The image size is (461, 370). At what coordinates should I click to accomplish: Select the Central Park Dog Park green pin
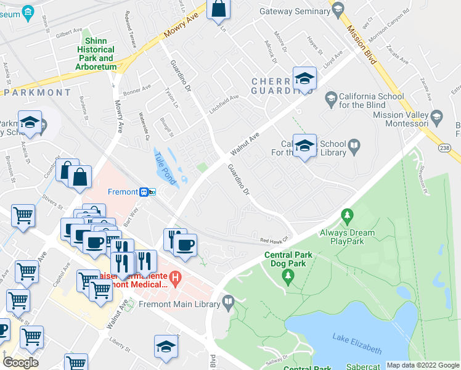click(287, 278)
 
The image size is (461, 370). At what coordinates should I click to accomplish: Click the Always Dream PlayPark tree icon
click(348, 216)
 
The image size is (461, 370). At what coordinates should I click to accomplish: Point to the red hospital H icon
click(176, 279)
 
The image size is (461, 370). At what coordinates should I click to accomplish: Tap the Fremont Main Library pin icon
click(229, 303)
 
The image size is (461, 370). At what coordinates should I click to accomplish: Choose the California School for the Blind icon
click(330, 97)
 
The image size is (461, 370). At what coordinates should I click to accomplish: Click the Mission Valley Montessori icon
click(437, 116)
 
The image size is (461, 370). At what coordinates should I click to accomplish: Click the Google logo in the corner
click(20, 362)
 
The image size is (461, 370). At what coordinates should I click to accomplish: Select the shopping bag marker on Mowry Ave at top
click(219, 10)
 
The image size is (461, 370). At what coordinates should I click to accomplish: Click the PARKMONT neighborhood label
click(37, 92)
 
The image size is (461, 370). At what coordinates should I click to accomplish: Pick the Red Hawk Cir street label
click(274, 240)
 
